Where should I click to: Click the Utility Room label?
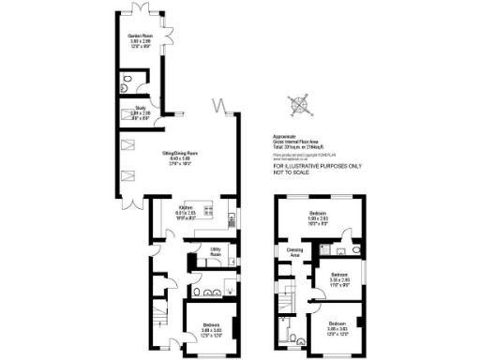pyautogui.click(x=215, y=249)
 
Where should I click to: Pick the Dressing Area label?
pyautogui.click(x=294, y=250)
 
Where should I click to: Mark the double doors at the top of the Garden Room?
pyautogui.click(x=143, y=12)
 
